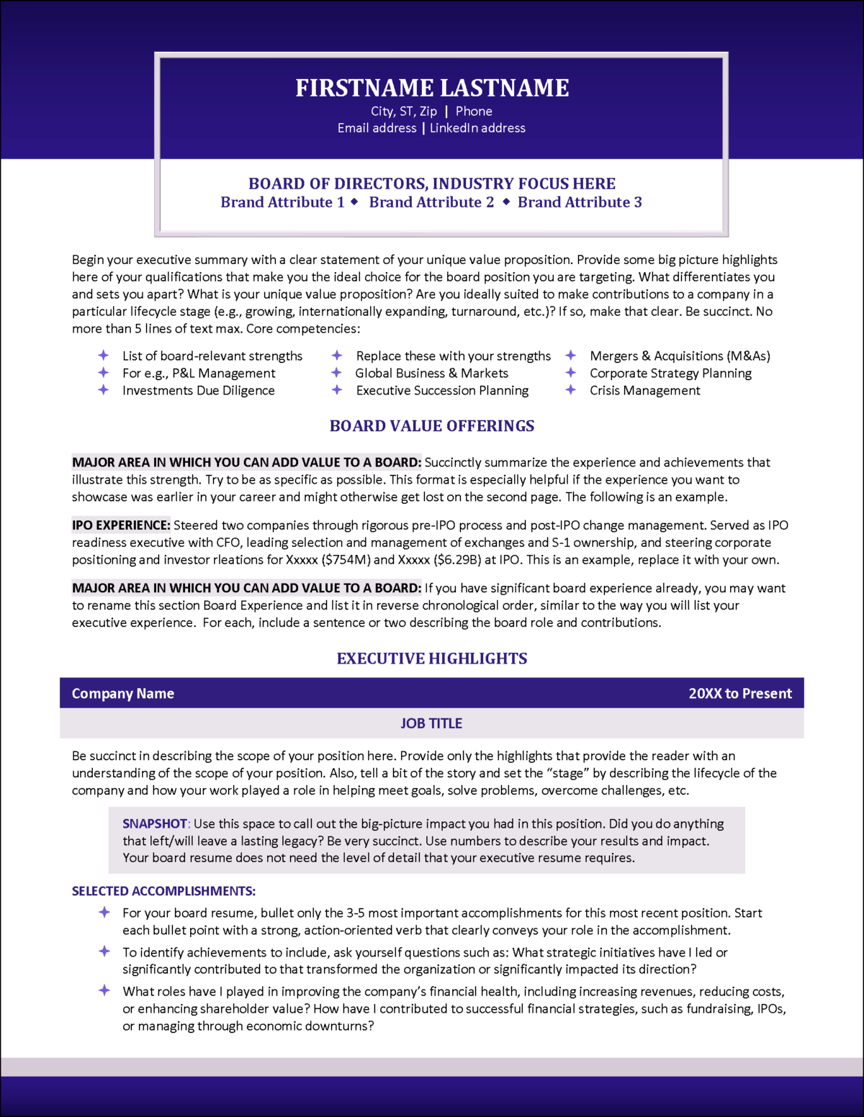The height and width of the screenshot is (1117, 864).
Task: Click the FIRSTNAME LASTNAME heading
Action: (432, 88)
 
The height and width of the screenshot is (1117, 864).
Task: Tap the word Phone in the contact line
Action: (474, 112)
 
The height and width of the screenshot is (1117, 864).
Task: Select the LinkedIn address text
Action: (477, 128)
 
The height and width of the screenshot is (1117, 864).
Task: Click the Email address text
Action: (377, 128)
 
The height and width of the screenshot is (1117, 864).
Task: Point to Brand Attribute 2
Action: (431, 202)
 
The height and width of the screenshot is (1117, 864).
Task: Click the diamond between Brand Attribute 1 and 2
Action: (354, 202)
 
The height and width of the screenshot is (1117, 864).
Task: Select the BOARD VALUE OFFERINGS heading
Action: (432, 426)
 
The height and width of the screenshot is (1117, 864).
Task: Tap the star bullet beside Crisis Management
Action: (571, 390)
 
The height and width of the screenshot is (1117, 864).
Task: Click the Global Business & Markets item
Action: (431, 373)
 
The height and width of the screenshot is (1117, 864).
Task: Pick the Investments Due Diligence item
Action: (198, 390)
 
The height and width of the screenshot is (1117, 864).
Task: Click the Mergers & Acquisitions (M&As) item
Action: (680, 356)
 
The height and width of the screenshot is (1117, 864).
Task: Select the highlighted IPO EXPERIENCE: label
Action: (121, 525)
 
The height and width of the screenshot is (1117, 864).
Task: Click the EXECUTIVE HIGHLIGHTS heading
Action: (432, 659)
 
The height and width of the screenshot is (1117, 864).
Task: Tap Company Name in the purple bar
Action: (123, 694)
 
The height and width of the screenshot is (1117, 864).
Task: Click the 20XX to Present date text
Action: (739, 694)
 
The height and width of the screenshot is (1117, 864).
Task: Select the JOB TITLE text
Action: (431, 723)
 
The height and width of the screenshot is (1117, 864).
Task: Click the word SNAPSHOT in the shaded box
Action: (154, 823)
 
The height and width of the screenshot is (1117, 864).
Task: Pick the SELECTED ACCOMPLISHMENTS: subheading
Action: (163, 891)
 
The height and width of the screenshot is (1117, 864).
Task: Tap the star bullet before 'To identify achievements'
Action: (104, 951)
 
